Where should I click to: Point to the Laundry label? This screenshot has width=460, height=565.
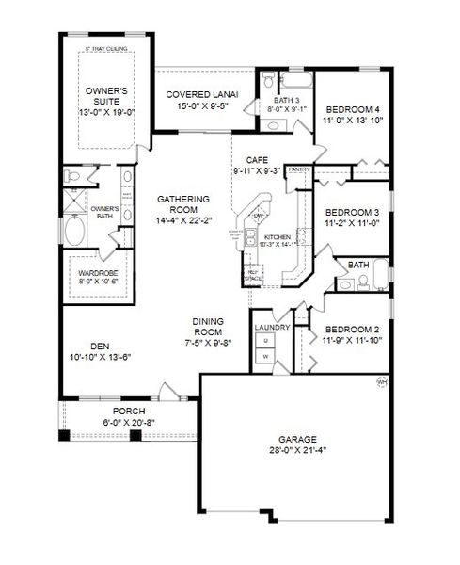click(273, 328)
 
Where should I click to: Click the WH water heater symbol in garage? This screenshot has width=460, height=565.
click(382, 382)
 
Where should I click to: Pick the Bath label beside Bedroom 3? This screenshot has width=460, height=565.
click(358, 266)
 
